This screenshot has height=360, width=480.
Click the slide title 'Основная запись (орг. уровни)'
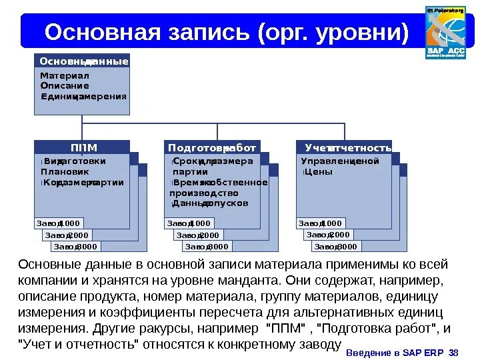(x=227, y=31)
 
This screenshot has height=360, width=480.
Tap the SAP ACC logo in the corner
(x=445, y=33)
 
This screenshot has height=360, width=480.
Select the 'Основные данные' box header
(x=83, y=61)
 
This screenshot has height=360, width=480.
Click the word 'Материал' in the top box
(x=64, y=76)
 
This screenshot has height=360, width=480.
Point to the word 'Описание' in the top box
(x=64, y=86)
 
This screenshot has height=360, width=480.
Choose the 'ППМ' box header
(x=83, y=147)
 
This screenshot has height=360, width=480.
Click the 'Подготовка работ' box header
(x=212, y=147)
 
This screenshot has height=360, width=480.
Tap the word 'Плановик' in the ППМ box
(x=64, y=171)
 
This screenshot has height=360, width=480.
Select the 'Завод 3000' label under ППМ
(x=75, y=247)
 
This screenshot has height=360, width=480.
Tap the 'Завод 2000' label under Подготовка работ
(x=197, y=235)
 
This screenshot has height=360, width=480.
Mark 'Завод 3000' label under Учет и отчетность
(x=337, y=247)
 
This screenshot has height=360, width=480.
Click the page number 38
(x=454, y=353)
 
